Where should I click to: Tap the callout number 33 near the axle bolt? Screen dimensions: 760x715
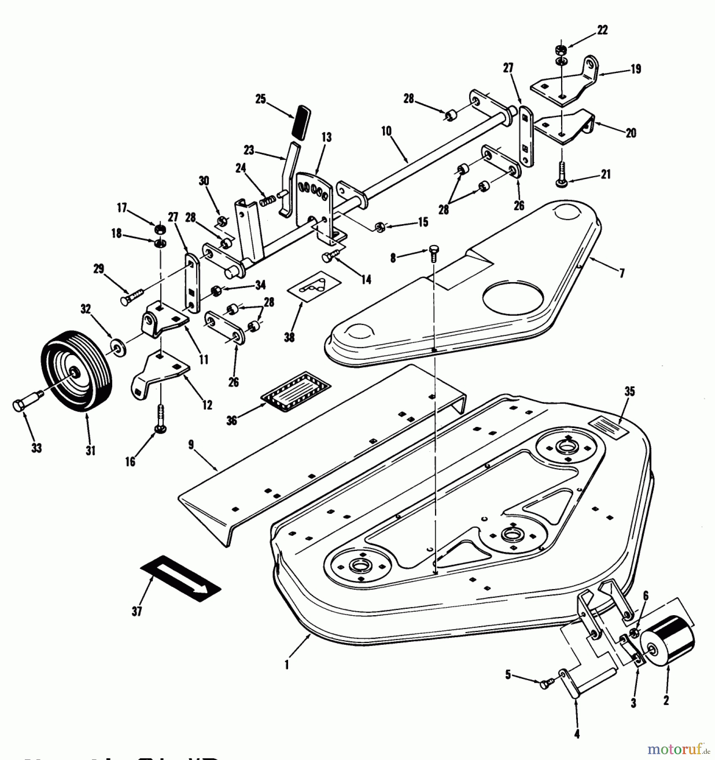[x=37, y=448]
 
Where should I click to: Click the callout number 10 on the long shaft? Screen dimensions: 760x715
[x=386, y=131]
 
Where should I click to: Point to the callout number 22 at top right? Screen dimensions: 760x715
[x=602, y=30]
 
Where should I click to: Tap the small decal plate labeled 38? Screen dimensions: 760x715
[x=314, y=288]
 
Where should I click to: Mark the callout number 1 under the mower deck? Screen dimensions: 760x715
[x=287, y=665]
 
